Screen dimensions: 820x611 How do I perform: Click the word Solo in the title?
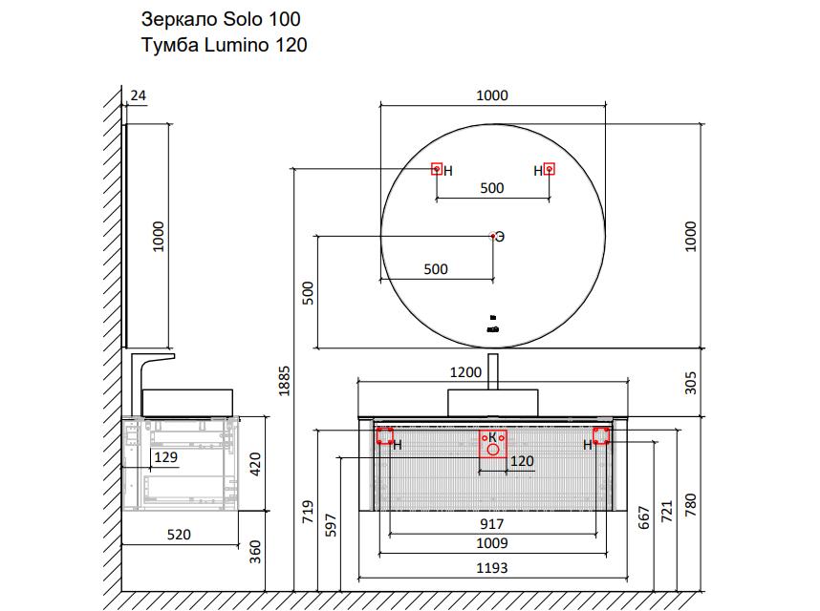click(x=242, y=19)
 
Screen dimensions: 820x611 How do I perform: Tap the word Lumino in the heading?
click(x=236, y=45)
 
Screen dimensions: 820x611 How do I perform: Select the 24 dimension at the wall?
click(x=138, y=95)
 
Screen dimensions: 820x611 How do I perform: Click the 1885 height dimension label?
click(x=284, y=381)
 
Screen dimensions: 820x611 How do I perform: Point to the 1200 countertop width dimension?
click(x=465, y=372)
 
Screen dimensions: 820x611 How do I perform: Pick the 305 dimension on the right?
click(x=690, y=383)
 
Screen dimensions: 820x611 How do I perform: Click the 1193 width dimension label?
click(x=491, y=568)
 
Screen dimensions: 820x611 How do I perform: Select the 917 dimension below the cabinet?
click(x=491, y=524)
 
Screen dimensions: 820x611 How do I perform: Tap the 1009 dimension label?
click(x=491, y=543)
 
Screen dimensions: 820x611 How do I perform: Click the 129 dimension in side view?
click(x=165, y=457)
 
